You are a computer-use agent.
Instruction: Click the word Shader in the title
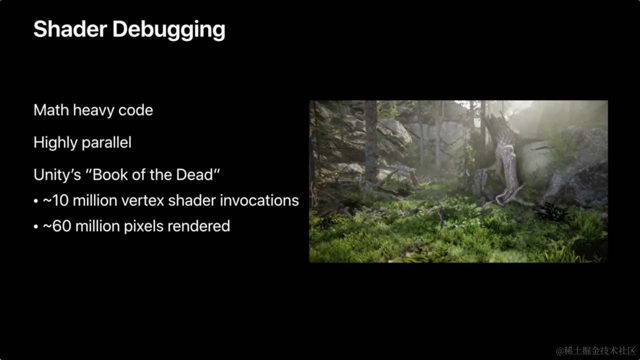[x=70, y=29]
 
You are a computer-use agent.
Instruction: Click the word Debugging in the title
[x=169, y=30]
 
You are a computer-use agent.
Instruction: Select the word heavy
[x=93, y=111]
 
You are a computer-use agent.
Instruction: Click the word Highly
[x=54, y=143]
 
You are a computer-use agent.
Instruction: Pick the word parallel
[x=105, y=143]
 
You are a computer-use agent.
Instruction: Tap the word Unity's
[x=57, y=175]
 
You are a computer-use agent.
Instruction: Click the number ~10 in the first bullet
[x=55, y=200]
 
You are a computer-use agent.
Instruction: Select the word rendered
[x=198, y=226]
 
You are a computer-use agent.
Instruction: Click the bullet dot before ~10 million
[x=35, y=201]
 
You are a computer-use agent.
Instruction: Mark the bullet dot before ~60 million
[x=35, y=227]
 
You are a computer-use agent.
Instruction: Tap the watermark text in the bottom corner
[x=595, y=350]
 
